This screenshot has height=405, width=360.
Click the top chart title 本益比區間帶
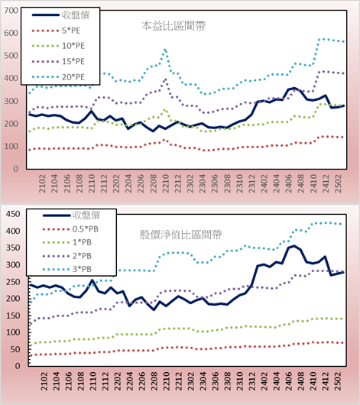[174, 26]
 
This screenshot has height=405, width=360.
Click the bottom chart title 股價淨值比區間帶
[180, 235]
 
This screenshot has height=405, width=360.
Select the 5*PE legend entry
[56, 31]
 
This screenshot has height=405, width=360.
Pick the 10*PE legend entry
[58, 46]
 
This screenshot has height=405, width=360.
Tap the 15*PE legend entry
[58, 61]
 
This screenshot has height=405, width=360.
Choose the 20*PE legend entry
[58, 76]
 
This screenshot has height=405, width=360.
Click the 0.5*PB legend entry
[70, 229]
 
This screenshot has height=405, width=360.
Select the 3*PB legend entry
[67, 269]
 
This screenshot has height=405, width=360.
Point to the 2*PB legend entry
[67, 256]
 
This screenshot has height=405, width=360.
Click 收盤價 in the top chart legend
[60, 15]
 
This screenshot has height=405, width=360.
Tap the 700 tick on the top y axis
[11, 11]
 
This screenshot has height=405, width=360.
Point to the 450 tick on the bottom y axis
[13, 214]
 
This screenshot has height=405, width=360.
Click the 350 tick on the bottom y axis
[13, 248]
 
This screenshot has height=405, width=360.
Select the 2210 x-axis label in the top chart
[165, 183]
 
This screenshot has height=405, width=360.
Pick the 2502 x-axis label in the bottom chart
[338, 381]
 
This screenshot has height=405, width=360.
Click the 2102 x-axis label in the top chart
[42, 183]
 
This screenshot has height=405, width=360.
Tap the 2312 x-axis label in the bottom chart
[252, 381]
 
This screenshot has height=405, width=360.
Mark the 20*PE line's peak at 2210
[165, 50]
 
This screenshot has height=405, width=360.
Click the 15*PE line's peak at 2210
[165, 79]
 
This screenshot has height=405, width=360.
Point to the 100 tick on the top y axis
[11, 146]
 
